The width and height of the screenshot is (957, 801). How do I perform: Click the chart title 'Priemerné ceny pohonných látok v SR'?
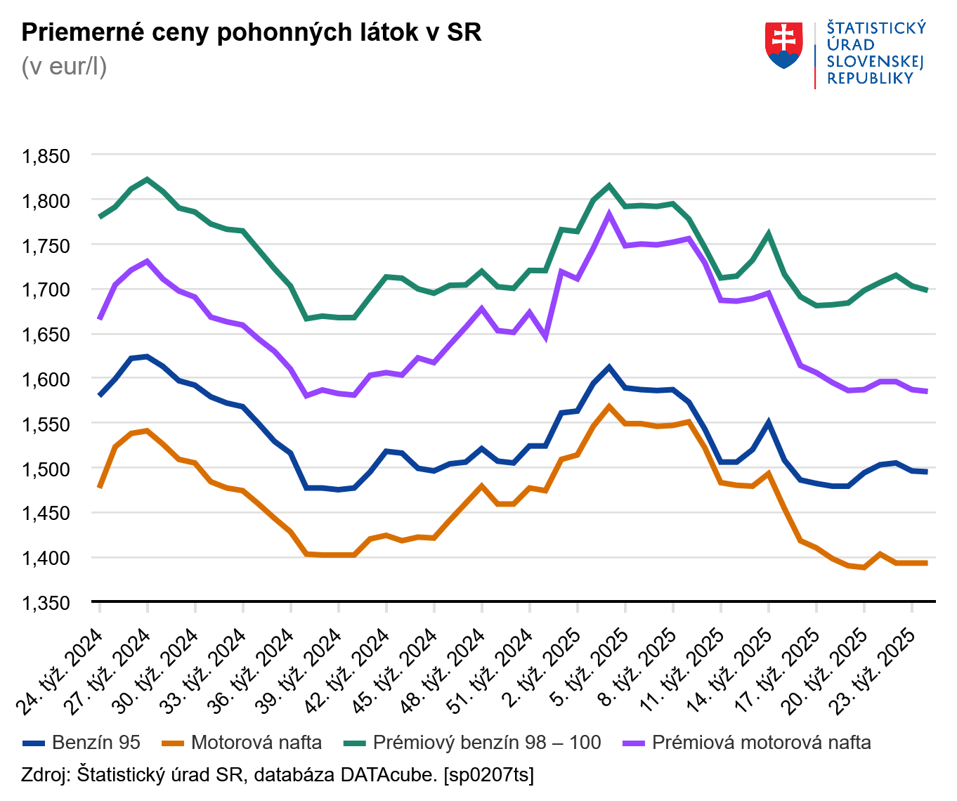coord(252,32)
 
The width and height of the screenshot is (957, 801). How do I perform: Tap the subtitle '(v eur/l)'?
coord(64,66)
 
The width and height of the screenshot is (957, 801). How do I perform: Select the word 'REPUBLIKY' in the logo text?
coord(870,79)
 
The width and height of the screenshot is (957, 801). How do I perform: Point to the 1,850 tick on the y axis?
coord(46,156)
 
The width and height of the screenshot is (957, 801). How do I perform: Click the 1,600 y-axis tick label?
coord(46,379)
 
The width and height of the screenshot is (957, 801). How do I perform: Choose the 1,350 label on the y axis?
coord(46,603)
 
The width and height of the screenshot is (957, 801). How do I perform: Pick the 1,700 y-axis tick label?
coord(46,290)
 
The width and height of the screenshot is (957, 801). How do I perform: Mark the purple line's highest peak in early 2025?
coord(609,215)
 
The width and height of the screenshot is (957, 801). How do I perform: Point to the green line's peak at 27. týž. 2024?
coord(147,179)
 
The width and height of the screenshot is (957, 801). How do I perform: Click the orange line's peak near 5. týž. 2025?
coord(609,407)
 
